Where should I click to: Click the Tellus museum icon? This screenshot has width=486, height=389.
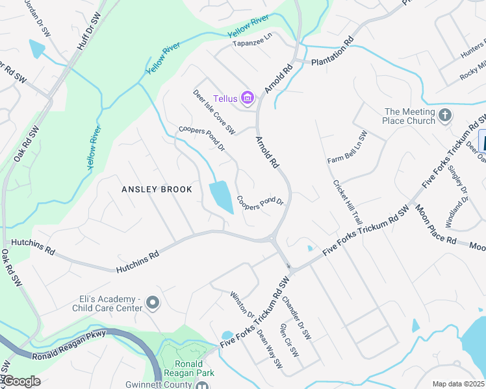247,99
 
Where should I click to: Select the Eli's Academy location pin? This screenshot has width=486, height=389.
153,303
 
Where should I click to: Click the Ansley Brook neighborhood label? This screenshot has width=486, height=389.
157,189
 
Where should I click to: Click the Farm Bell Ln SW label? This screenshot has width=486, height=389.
348,147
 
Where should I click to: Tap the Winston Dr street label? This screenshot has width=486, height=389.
241,304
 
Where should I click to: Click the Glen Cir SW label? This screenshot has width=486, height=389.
288,341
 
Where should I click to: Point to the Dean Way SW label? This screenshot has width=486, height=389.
270,348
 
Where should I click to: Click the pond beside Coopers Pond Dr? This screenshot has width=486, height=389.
222,196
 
